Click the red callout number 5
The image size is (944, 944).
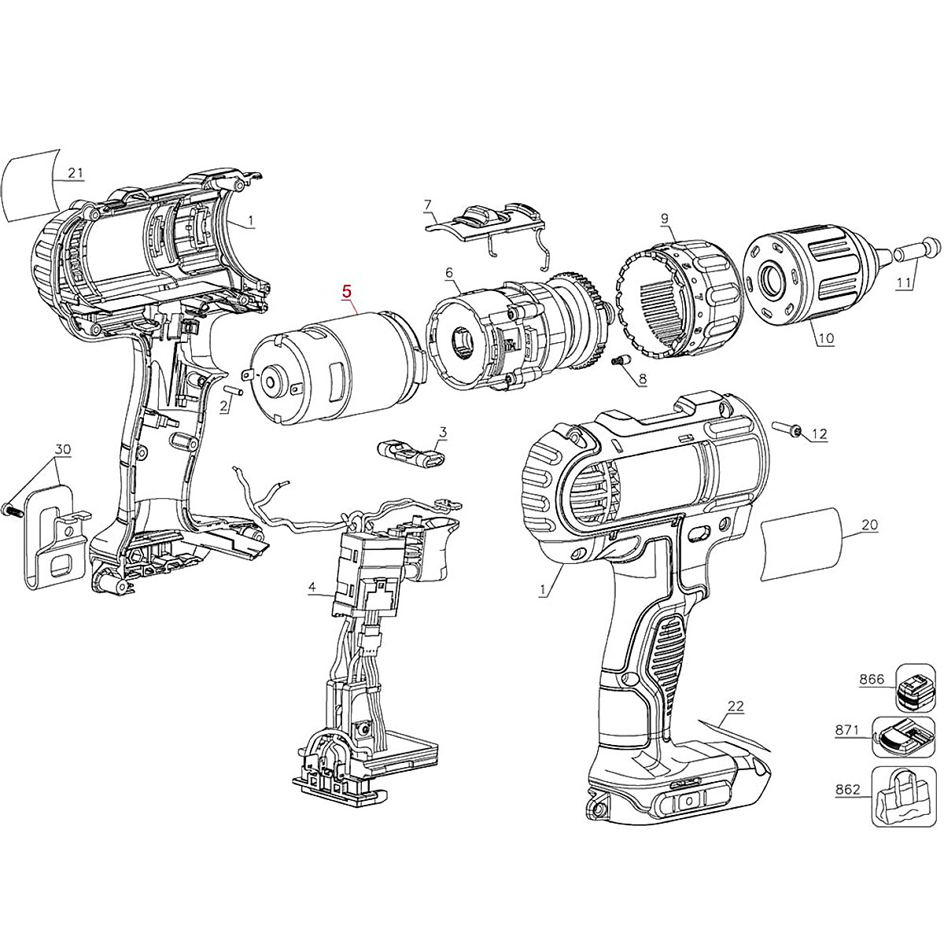pyautogui.click(x=346, y=290)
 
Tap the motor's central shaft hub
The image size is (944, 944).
pyautogui.click(x=271, y=382)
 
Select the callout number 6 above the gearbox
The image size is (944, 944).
pyautogui.click(x=449, y=272)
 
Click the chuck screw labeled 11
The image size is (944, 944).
pyautogui.click(x=916, y=251)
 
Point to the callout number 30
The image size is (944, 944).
pyautogui.click(x=62, y=449)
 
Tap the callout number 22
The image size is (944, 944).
pyautogui.click(x=735, y=706)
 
